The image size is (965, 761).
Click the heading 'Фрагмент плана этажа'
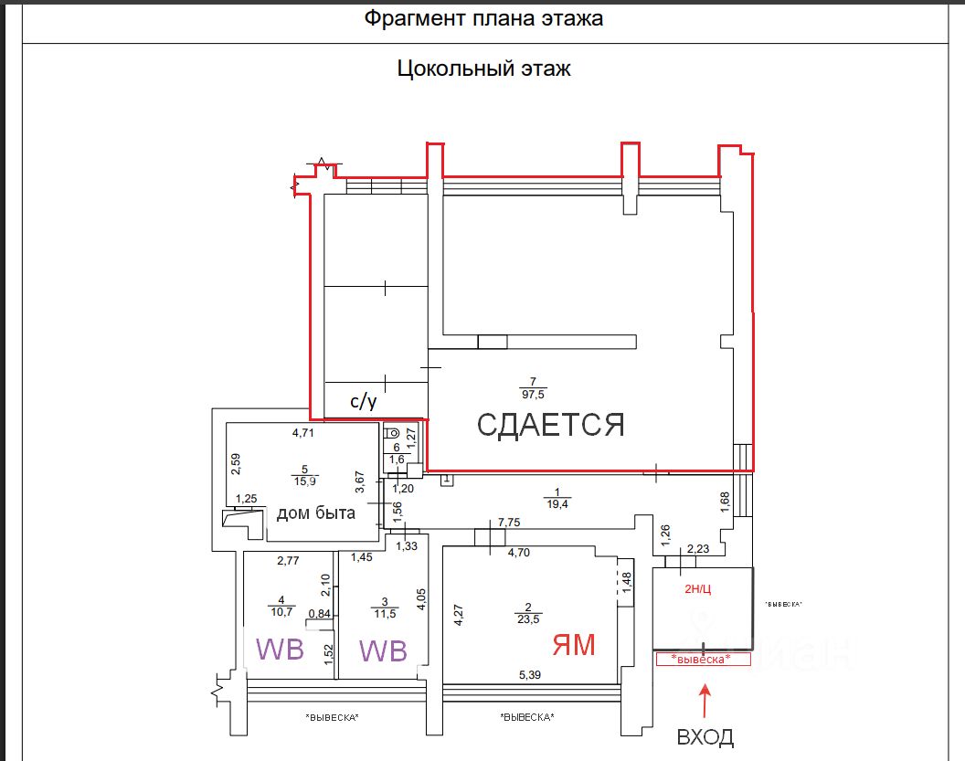click(x=483, y=19)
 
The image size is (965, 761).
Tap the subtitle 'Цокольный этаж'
click(x=483, y=69)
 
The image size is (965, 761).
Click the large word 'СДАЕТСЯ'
click(x=551, y=424)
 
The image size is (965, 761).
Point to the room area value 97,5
click(x=531, y=394)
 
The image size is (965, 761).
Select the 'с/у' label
click(x=365, y=401)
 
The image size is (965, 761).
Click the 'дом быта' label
click(x=316, y=513)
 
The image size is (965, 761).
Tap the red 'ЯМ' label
click(x=573, y=645)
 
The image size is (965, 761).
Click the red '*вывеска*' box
click(x=702, y=660)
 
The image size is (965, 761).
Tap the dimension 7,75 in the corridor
click(x=508, y=522)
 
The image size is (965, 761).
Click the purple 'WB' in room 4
click(x=279, y=650)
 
